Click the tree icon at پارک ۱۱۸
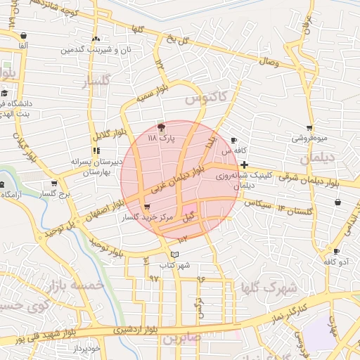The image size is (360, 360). [x=162, y=128]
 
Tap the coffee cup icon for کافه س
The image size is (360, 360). [x=234, y=140]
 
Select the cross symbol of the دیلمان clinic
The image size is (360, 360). [x=243, y=165]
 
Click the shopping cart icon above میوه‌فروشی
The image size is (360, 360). [x=309, y=128]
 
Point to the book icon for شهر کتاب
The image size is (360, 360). [x=175, y=254]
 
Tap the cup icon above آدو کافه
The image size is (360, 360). [x=337, y=251]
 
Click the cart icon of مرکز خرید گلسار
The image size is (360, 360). [x=146, y=207]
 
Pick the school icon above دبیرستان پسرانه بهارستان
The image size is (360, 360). [x=96, y=150]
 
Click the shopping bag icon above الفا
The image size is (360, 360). [x=24, y=35]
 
